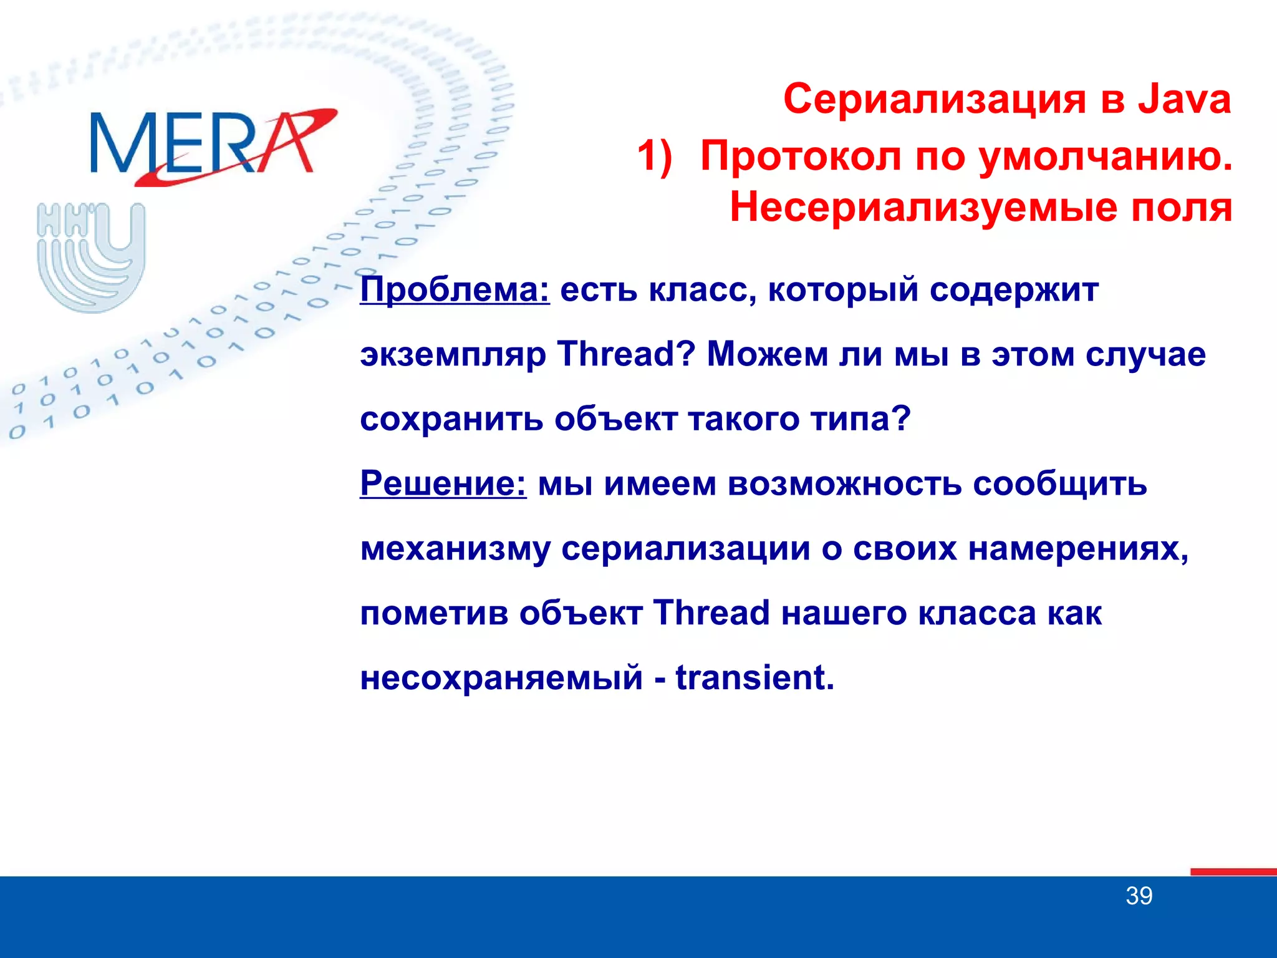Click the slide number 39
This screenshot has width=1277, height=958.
click(1139, 896)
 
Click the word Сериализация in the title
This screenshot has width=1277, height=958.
click(935, 99)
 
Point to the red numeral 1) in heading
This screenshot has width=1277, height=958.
click(655, 155)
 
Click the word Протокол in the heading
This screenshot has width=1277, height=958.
click(801, 155)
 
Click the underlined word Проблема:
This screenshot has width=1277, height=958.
click(455, 290)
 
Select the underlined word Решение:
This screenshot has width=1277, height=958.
click(443, 483)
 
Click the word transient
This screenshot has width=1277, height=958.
click(754, 678)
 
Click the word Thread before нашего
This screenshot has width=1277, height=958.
click(711, 612)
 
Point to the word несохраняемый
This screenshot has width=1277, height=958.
click(501, 678)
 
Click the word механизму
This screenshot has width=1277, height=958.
click(455, 549)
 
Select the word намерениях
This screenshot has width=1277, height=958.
click(1078, 549)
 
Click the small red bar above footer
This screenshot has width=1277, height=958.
click(1233, 871)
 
